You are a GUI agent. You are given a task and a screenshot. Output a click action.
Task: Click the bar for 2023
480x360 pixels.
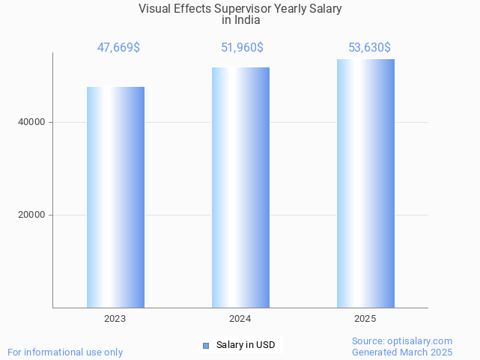pos(115,197)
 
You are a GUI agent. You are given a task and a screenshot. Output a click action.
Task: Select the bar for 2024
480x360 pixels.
pos(240,187)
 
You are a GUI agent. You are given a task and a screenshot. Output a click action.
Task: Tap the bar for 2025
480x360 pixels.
pos(365,183)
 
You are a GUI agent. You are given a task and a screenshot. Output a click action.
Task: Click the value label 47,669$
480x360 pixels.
pos(118,48)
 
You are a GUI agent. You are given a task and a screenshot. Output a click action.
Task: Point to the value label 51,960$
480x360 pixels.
pos(241,48)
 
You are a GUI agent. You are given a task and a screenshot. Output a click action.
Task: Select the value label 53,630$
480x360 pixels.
pos(369,48)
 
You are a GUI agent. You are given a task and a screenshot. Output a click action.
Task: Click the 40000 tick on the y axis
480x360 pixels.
pos(31,122)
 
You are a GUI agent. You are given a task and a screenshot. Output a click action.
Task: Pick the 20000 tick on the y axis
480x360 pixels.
pos(31,215)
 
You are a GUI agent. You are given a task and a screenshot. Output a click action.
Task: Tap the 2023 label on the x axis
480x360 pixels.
pos(115,319)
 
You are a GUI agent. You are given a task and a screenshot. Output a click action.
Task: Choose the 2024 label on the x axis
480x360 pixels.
pos(240,319)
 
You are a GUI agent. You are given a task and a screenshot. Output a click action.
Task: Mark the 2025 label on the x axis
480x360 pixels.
pos(365,319)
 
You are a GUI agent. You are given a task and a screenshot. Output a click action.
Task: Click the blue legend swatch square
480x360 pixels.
pos(207,345)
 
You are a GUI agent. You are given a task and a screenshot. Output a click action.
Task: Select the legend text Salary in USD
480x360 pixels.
pos(246,345)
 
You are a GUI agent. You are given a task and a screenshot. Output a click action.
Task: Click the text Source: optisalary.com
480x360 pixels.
pos(402,341)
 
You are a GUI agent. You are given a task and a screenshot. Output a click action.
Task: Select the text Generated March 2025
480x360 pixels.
pos(402,352)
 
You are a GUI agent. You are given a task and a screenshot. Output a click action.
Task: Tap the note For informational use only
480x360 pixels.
pos(65,352)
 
